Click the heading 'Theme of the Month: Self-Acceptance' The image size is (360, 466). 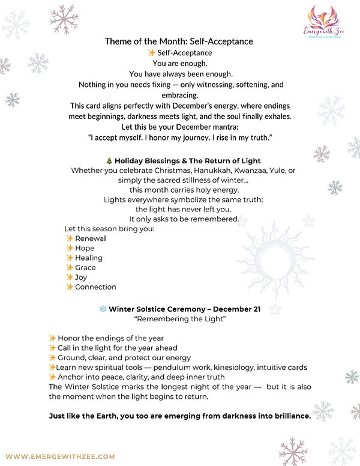[x=179, y=41]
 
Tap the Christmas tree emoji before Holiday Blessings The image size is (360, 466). [x=109, y=161]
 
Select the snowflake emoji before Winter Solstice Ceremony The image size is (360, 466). [x=103, y=309]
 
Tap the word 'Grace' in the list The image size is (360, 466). [x=85, y=267]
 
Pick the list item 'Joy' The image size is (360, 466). [x=81, y=277]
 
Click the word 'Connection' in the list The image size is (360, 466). [x=95, y=287]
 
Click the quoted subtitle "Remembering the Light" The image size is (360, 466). [x=179, y=319]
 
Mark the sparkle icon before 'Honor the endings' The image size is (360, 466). [x=52, y=338]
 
